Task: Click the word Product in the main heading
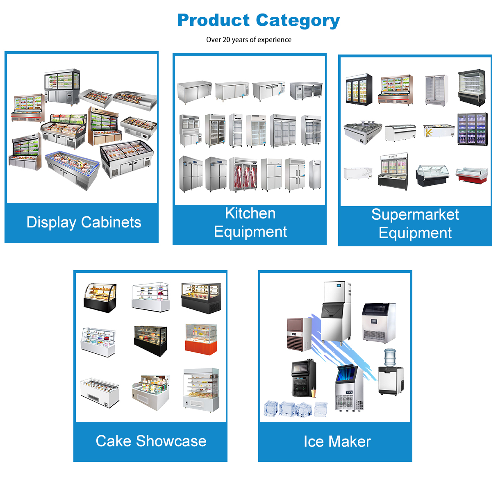click(x=213, y=20)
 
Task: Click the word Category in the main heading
click(x=298, y=20)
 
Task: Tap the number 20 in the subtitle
click(x=226, y=40)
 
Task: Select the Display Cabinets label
click(x=84, y=222)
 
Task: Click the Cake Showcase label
click(x=151, y=441)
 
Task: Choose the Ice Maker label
click(x=337, y=441)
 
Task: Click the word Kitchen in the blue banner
click(x=250, y=214)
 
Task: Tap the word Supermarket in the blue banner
click(x=415, y=214)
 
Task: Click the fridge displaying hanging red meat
click(x=243, y=174)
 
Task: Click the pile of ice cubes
click(x=295, y=409)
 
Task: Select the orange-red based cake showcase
click(x=201, y=339)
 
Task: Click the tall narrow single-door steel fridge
click(x=315, y=175)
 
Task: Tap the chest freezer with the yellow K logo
click(x=439, y=131)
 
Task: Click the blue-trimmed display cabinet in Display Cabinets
click(x=73, y=169)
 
